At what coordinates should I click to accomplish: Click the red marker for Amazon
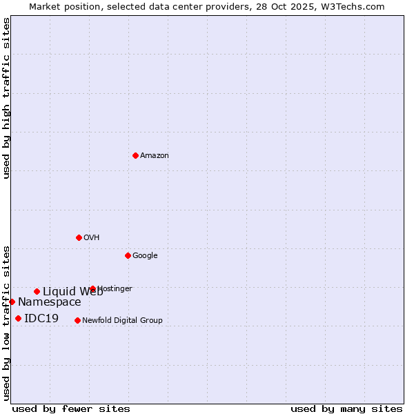135,155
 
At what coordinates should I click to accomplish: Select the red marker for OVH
79,237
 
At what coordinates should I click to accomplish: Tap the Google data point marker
128,255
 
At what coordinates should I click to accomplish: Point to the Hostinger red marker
92,288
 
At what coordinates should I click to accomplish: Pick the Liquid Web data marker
37,291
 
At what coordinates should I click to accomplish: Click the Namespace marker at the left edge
12,302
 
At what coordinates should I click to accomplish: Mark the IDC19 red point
18,318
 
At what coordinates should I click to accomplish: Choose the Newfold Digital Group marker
77,320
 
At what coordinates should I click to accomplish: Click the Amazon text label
155,156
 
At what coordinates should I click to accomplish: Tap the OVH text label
92,238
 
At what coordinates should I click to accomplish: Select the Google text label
145,256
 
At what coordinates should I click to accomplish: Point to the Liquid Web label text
72,291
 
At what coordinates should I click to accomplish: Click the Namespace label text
50,302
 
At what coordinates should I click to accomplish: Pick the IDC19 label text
41,319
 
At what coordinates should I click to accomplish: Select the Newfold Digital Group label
122,321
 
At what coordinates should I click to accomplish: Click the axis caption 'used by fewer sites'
71,408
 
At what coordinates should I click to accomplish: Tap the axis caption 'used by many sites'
346,408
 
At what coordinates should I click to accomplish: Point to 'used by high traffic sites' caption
6,98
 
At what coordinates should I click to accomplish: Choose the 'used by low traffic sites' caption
6,322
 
